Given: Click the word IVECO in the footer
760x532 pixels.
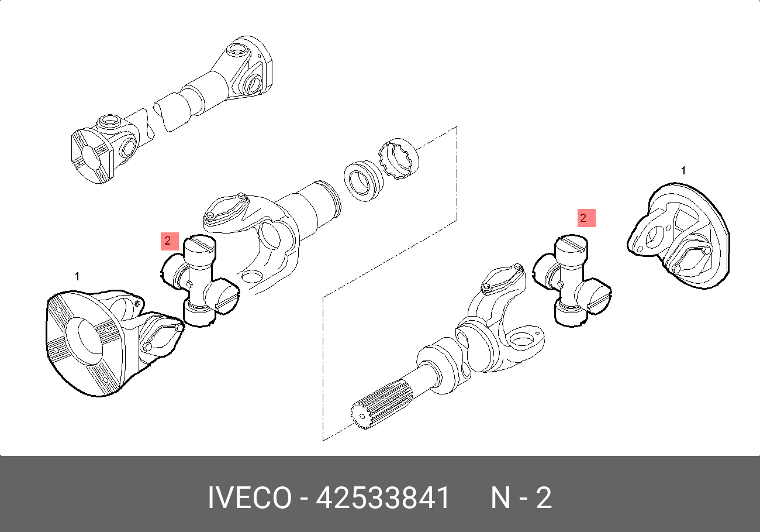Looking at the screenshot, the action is tap(250, 497).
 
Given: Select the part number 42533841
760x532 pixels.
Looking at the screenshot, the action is tap(383, 497).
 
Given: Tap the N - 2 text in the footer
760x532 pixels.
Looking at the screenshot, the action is tap(521, 497).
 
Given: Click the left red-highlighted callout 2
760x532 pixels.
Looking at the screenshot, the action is tap(170, 241).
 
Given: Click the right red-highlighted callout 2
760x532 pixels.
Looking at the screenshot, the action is tap(586, 218).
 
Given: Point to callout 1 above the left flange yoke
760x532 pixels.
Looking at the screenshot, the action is tap(77, 276).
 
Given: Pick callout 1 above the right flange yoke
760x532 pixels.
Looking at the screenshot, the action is tap(683, 170).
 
